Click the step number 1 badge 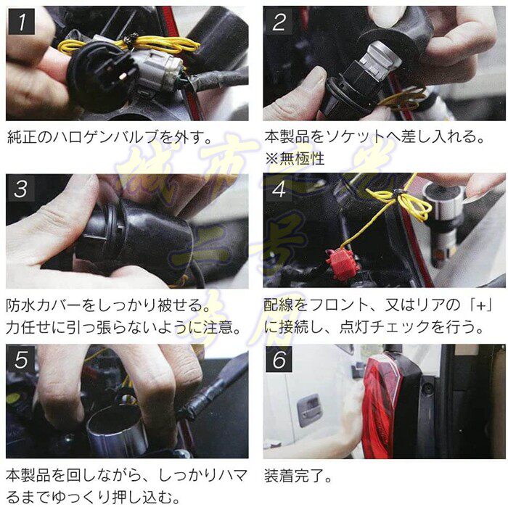tap(21, 22)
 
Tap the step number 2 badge tap(279, 22)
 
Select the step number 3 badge tap(21, 189)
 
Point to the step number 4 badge tap(279, 189)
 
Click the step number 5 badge tap(21, 359)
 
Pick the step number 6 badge tap(279, 359)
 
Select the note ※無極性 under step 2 tap(295, 159)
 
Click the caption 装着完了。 tap(298, 476)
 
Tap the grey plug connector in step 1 tap(155, 71)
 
